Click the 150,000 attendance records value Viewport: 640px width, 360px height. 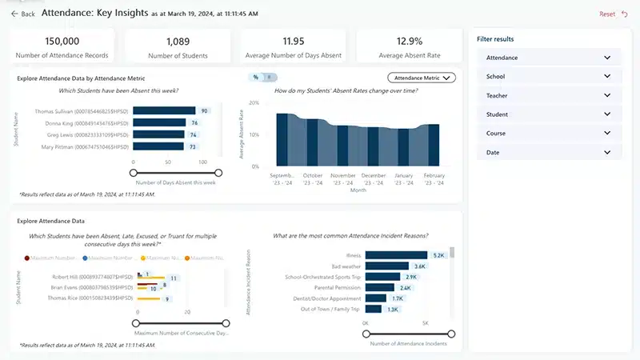(62, 41)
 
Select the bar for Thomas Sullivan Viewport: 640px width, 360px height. (163, 111)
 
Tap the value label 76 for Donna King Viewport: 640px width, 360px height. (194, 123)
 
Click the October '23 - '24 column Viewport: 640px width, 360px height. (313, 142)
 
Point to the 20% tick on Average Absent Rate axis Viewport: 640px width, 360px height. (254, 102)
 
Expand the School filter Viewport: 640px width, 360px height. (549, 77)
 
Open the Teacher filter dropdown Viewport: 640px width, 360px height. (549, 95)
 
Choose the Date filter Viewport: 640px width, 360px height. (549, 152)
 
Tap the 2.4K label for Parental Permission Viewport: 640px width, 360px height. (405, 287)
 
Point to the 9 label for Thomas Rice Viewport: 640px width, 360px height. (167, 298)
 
